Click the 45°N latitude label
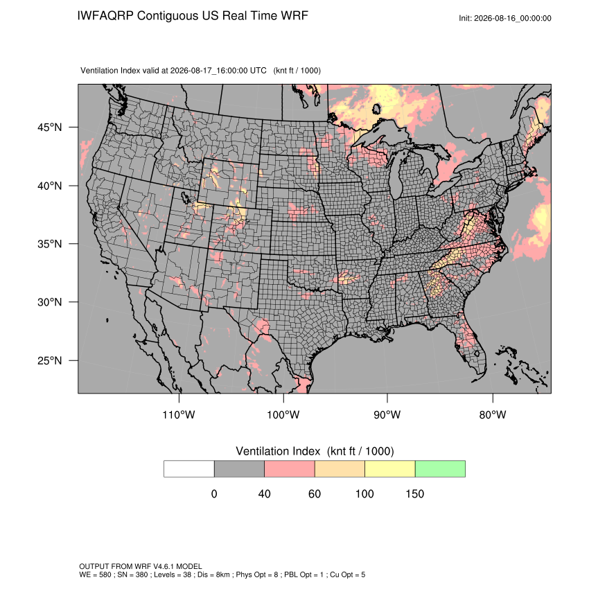click(50, 128)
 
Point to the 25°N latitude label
click(50, 360)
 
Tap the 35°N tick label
click(50, 244)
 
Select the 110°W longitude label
click(179, 414)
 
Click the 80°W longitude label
click(493, 414)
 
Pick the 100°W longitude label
click(283, 414)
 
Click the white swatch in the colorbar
click(189, 469)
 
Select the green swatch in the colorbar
click(440, 469)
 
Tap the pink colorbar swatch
click(290, 469)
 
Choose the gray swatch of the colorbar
click(239, 469)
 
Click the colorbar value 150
click(414, 493)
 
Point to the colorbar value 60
click(315, 493)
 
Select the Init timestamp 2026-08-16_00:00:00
click(513, 19)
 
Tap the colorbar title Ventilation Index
click(278, 451)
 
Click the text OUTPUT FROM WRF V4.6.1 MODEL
click(141, 566)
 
